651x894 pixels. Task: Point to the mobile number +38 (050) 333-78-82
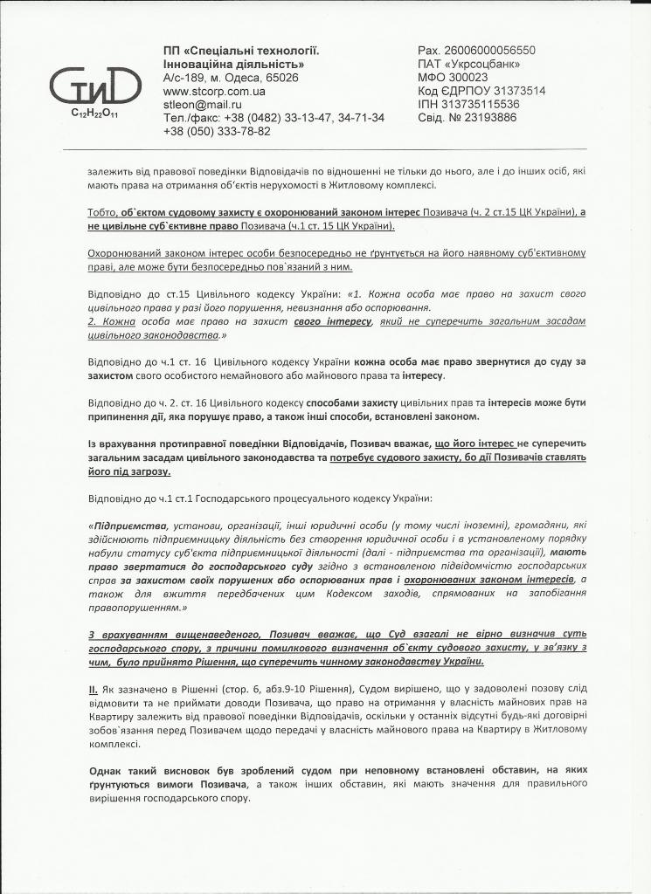(217, 131)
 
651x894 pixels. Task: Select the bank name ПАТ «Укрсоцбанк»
(469, 64)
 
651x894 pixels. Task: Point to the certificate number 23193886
(495, 117)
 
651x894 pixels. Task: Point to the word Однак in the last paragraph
(107, 770)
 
